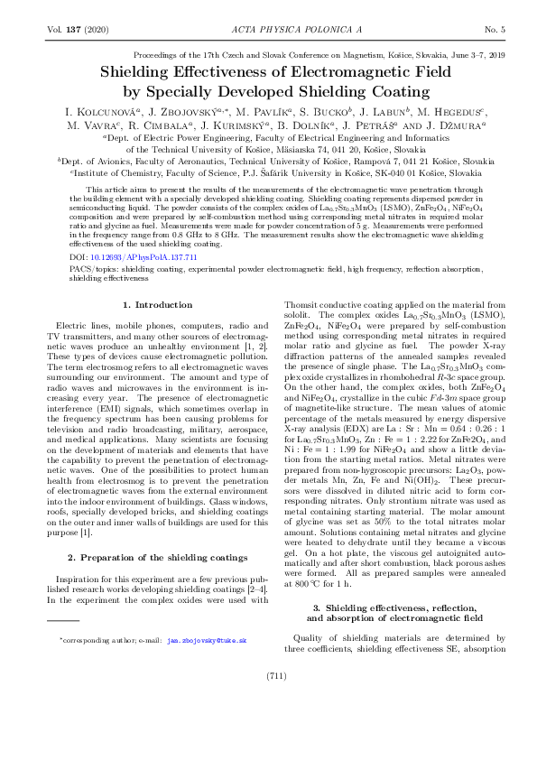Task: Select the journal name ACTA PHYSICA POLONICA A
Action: pos(268,30)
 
